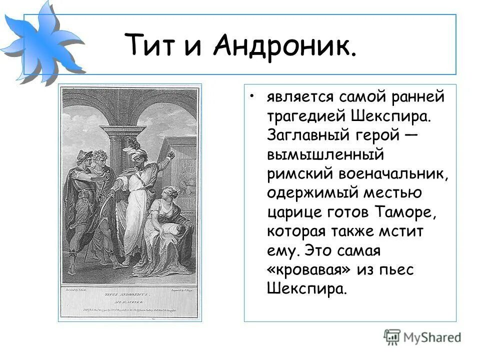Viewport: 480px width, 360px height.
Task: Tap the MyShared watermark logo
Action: (422, 336)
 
